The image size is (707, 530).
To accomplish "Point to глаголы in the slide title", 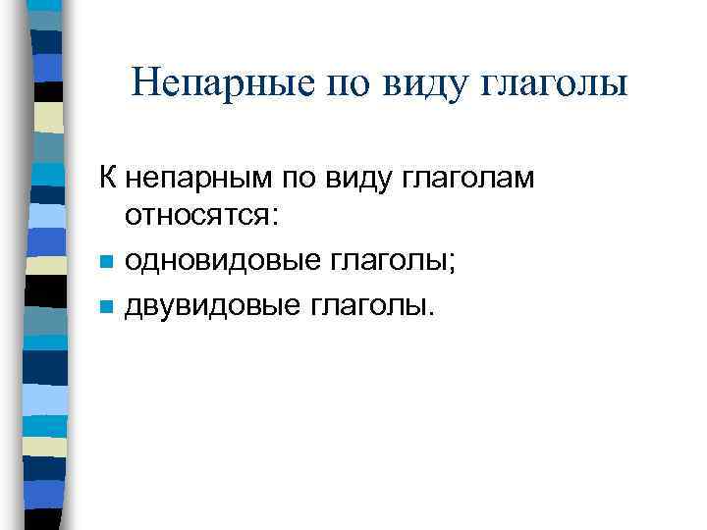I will pyautogui.click(x=557, y=82).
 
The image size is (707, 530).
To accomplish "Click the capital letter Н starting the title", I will pyautogui.click(x=143, y=82).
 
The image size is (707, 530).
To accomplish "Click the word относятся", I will pyautogui.click(x=197, y=218).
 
